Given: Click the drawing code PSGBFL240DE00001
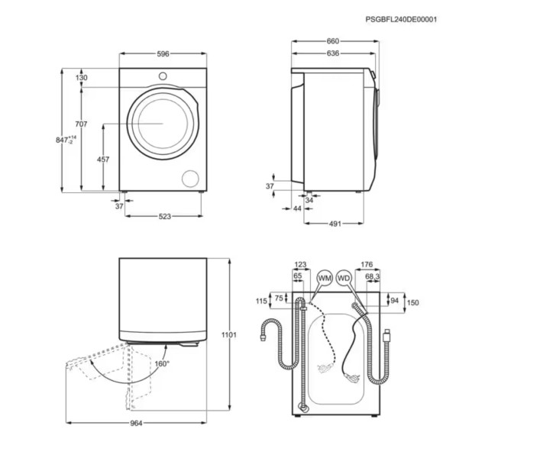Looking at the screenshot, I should pyautogui.click(x=401, y=20).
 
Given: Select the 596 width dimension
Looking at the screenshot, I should pyautogui.click(x=163, y=54).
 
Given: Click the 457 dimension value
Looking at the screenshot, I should pyautogui.click(x=102, y=160).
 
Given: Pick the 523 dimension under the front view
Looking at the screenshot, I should pyautogui.click(x=164, y=217).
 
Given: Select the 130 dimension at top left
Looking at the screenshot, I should pyautogui.click(x=81, y=78).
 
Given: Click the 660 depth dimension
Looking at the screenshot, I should pyautogui.click(x=332, y=41).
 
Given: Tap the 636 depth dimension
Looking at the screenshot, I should pyautogui.click(x=332, y=54).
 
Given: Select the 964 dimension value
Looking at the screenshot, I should pyautogui.click(x=136, y=422).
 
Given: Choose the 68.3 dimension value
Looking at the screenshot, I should pyautogui.click(x=372, y=276).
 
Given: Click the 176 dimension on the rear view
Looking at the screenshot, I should pyautogui.click(x=367, y=265).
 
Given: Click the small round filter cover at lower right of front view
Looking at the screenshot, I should pyautogui.click(x=188, y=179).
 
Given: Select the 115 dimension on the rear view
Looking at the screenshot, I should pyautogui.click(x=261, y=302).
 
